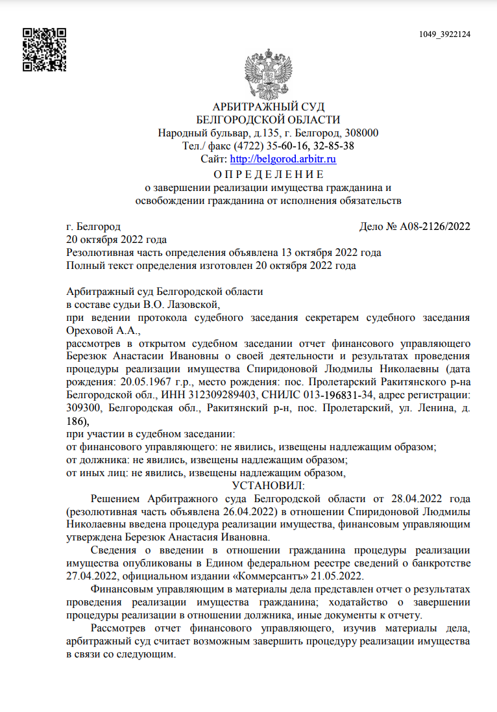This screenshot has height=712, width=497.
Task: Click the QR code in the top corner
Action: point(45,49)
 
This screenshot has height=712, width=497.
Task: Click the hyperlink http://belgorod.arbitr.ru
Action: point(283,159)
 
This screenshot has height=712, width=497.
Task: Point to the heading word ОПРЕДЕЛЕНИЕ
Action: point(268,174)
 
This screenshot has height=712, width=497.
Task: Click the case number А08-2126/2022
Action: point(434,227)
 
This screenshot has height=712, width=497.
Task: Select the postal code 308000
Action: point(360,133)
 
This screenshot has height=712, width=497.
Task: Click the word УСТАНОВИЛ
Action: point(268,485)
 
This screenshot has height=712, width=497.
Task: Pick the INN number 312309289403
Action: point(223,394)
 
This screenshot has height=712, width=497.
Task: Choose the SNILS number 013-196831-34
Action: point(338,394)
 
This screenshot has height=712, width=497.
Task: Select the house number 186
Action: point(75,420)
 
